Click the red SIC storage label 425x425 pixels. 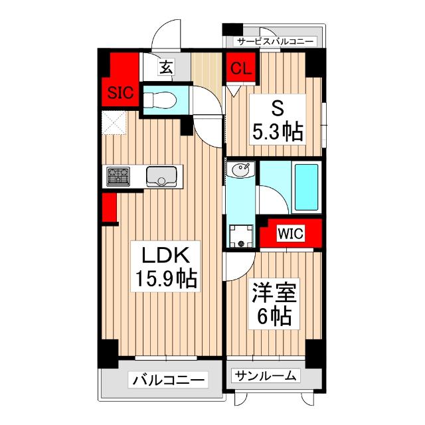coord(120,93)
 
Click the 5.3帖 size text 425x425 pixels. coord(276,131)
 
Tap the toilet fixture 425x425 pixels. coord(159,101)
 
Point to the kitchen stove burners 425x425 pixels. coord(118,177)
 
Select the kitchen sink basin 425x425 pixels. coord(160,177)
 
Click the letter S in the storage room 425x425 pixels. coord(276,108)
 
